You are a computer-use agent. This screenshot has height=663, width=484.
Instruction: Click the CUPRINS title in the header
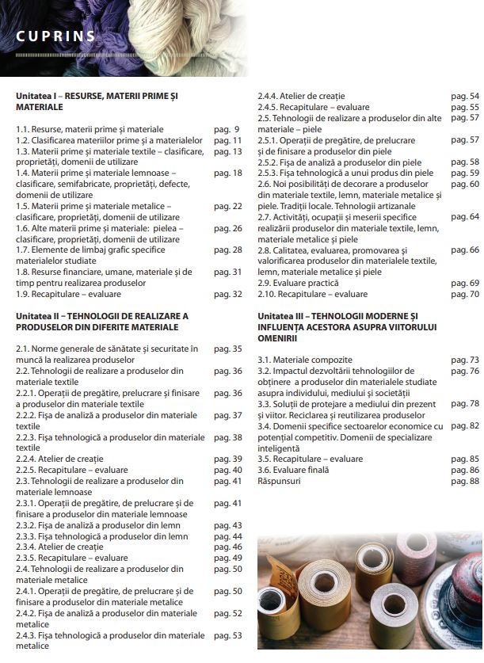coord(56,36)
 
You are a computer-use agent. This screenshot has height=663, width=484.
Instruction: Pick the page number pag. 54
coord(463,96)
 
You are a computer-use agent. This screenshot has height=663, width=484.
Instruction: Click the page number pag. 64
coord(463,216)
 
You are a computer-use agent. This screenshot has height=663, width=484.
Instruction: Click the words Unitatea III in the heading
coord(281,316)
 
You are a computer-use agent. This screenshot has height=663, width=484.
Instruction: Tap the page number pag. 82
coord(463,425)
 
